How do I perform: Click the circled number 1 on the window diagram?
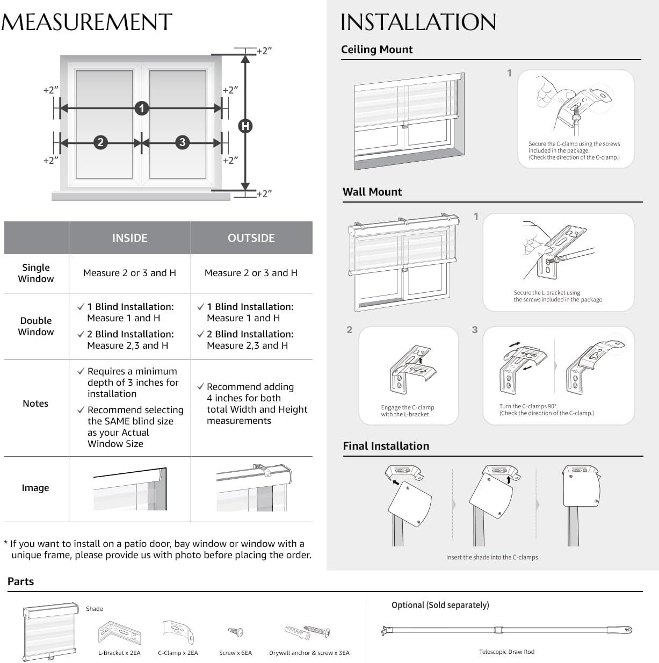point(141,109)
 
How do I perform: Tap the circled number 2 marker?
point(100,142)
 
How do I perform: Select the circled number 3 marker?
point(183,142)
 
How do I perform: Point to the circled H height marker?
point(245,126)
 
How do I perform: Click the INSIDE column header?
point(129,238)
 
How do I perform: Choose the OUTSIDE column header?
point(251,238)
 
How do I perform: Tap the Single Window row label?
point(36,273)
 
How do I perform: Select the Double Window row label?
point(36,326)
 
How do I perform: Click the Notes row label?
point(35,403)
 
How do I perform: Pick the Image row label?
point(35,488)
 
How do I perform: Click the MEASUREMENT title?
point(86,23)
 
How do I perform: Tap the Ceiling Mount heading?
point(376,49)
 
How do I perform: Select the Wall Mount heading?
point(372,192)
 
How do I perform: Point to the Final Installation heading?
point(386,446)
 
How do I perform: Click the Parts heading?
point(21,581)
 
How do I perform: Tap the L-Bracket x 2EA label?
point(119,653)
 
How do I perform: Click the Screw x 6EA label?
point(235,653)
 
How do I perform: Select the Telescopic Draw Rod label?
point(506,652)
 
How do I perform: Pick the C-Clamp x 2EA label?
point(178,653)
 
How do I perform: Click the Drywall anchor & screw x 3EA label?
point(309,653)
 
